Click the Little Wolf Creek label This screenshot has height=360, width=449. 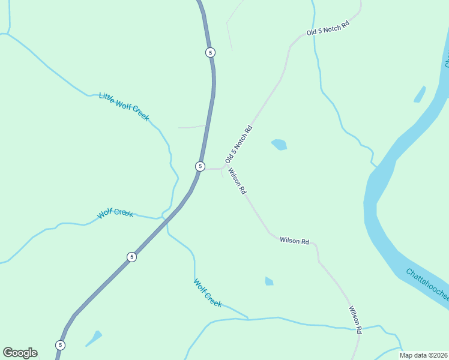coord(124,107)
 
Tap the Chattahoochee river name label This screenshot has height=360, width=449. coord(427,285)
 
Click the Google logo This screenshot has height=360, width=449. coord(20,353)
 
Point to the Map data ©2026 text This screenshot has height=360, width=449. coord(423,355)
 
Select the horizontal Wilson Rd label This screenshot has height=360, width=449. coord(294,241)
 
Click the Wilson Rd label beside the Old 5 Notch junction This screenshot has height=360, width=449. coord(237,181)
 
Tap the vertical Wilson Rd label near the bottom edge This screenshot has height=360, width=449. coord(355,320)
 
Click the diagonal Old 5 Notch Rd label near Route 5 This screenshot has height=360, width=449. coord(238,145)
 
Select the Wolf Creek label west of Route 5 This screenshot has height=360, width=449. coord(115,213)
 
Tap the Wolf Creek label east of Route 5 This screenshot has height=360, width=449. coord(208,293)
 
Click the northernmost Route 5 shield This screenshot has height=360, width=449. coord(209,52)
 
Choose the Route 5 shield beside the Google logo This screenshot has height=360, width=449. coord(60,345)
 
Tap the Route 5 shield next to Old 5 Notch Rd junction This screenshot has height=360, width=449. coord(200,166)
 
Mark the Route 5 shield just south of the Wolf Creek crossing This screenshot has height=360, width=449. coord(131,257)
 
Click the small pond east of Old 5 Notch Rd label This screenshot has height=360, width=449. coord(279,144)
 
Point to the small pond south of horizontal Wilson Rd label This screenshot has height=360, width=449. coord(269,281)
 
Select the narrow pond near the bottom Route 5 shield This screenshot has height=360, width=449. coord(94,338)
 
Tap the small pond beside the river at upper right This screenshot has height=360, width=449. coord(420,94)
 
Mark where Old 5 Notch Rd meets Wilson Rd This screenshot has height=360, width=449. coord(224,168)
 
